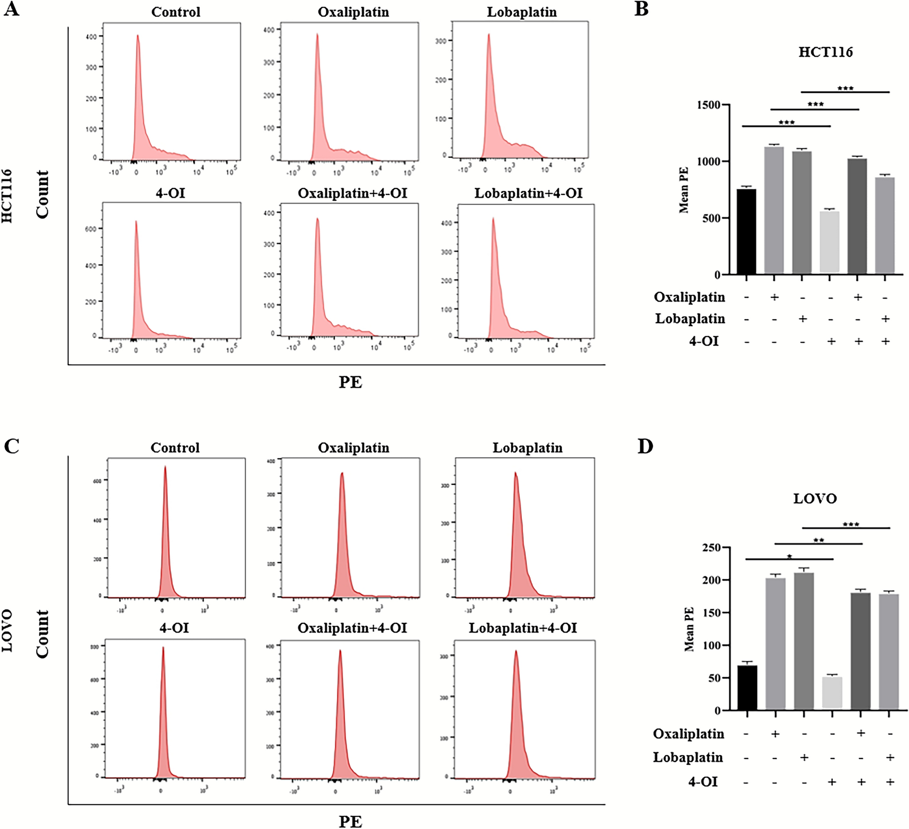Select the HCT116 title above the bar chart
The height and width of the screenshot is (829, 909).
click(x=825, y=52)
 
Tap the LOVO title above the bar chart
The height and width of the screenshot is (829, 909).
click(x=815, y=499)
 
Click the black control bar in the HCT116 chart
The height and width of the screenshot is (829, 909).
click(x=746, y=231)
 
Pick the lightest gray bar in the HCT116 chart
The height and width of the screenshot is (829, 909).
click(x=829, y=242)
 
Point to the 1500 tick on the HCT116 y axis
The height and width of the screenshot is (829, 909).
click(x=710, y=105)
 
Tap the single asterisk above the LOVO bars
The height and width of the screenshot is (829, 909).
click(x=789, y=556)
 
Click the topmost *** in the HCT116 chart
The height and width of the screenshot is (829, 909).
click(x=845, y=88)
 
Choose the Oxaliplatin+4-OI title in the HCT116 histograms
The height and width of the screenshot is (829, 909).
click(x=352, y=193)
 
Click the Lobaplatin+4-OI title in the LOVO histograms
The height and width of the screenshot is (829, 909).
click(x=523, y=628)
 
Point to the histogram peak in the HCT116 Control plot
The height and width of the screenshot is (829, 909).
click(x=138, y=36)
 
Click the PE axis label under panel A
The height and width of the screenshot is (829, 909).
click(x=350, y=382)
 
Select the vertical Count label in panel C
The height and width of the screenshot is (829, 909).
click(x=42, y=633)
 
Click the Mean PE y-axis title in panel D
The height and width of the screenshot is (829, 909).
click(x=689, y=629)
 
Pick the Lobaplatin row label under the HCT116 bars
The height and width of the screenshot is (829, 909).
click(x=690, y=318)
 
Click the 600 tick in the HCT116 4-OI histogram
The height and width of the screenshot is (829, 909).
click(x=91, y=229)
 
